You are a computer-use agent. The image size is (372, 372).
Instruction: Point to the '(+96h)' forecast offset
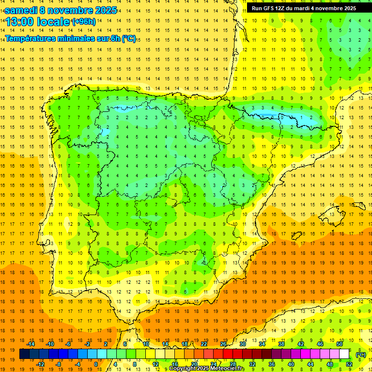[83, 22]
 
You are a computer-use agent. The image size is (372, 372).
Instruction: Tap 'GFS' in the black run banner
[271, 8]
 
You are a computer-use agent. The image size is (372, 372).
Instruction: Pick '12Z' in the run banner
[283, 8]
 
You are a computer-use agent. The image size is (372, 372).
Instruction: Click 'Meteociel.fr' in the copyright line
[228, 369]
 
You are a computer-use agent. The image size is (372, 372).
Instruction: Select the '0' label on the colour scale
[96, 364]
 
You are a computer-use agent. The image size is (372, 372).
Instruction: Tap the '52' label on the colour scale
[349, 364]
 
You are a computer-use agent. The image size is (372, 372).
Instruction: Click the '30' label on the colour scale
[242, 344]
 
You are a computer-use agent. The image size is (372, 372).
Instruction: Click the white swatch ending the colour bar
[344, 354]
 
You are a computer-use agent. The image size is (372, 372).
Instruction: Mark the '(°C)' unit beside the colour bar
[360, 355]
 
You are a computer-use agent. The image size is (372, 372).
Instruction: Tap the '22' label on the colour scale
[204, 344]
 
